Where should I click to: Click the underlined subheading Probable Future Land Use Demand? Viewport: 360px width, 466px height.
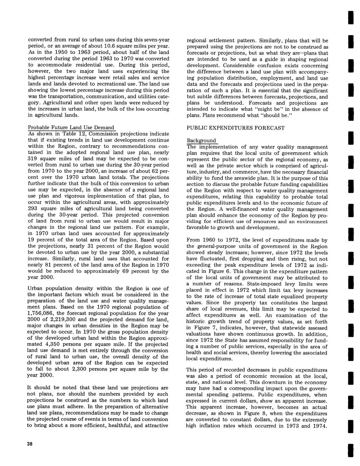tap(71, 128)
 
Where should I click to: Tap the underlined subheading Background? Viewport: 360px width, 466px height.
tap(201, 140)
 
